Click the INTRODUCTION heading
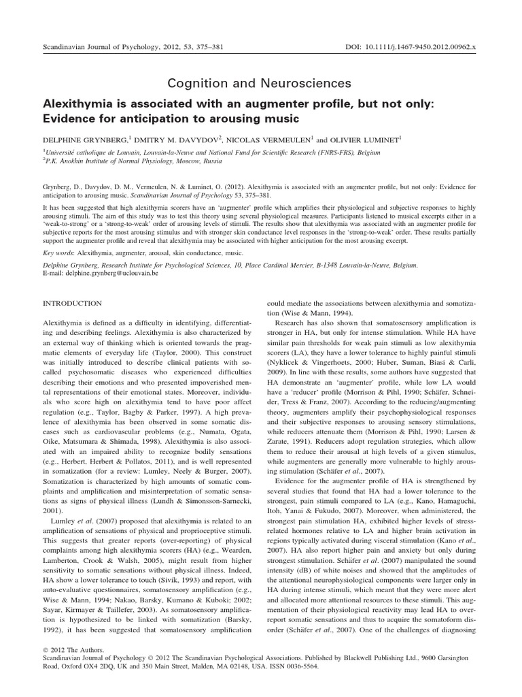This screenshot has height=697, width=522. click(x=73, y=303)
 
